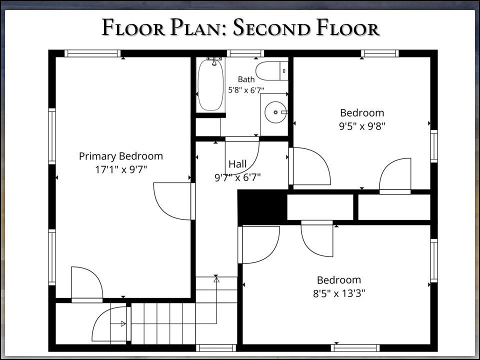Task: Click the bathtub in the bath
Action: tap(210, 84)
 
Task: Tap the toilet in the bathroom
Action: tap(272, 71)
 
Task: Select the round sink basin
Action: tap(275, 112)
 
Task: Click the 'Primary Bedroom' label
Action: tap(121, 156)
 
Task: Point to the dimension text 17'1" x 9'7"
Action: tap(121, 169)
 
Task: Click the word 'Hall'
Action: tap(237, 164)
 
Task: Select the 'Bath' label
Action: tap(246, 79)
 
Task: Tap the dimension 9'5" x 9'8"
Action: tap(362, 126)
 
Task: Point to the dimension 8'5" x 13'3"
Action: tap(339, 293)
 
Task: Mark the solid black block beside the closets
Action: tap(262, 207)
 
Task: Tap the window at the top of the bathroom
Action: tap(245, 53)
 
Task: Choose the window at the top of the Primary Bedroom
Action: tap(92, 53)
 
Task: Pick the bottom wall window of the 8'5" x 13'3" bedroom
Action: tap(355, 348)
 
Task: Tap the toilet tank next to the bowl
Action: tap(284, 71)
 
